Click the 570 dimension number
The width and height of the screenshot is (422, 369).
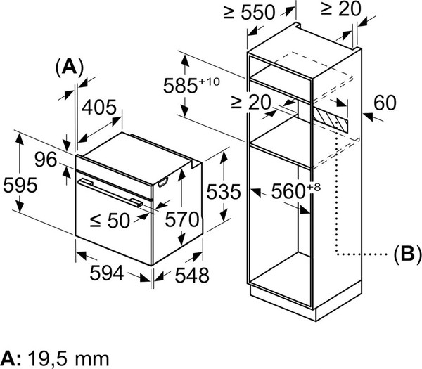pos(181,220)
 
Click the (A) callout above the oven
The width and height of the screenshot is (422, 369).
pos(69,67)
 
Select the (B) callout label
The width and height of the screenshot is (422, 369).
pos(407,252)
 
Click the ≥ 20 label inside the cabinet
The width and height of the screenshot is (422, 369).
pos(250,103)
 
